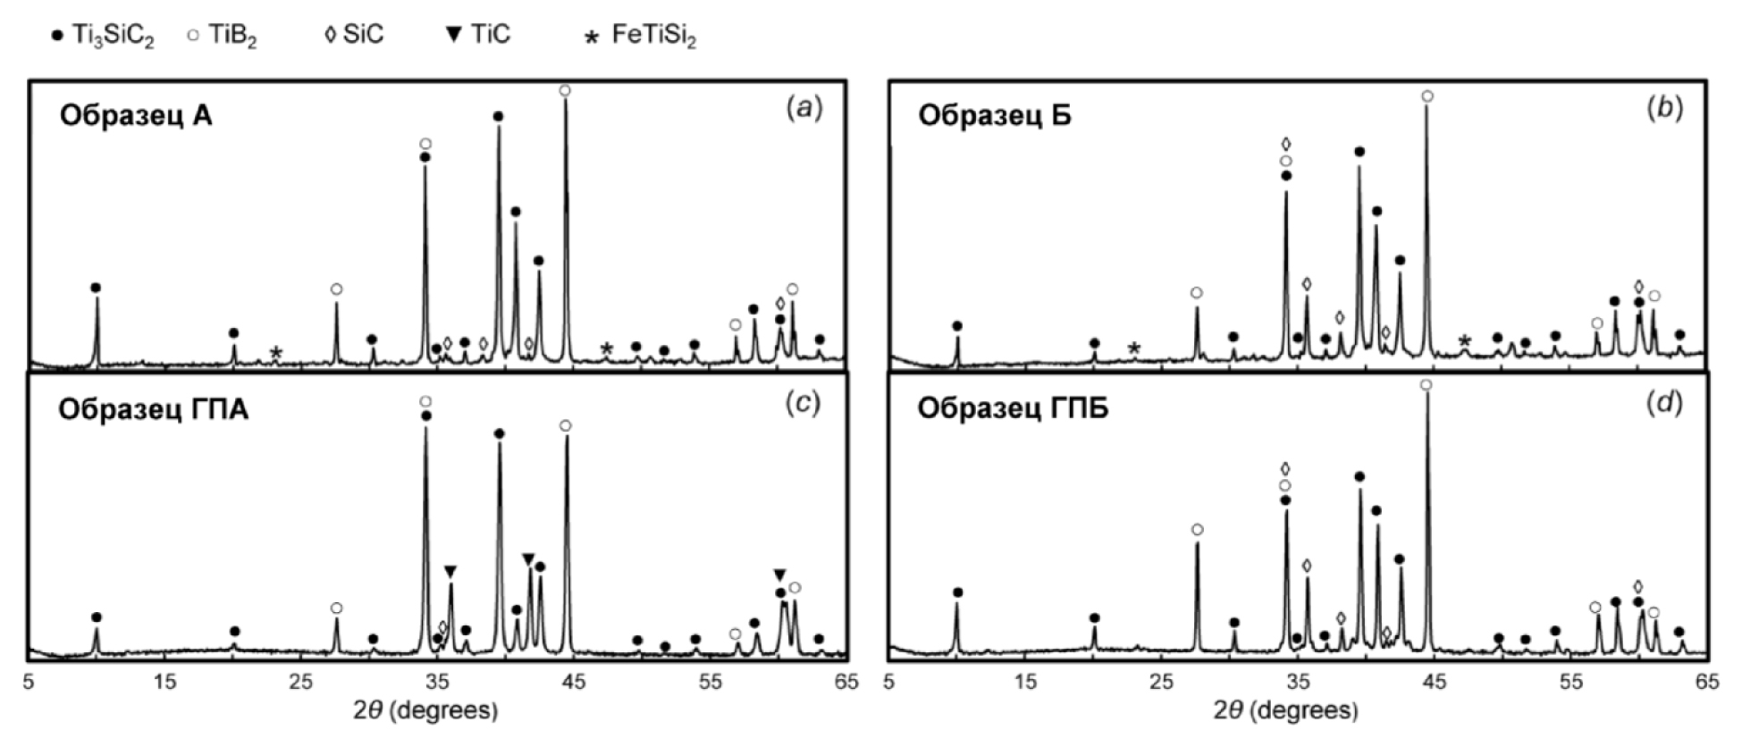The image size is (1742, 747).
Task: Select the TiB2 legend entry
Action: [x=221, y=37]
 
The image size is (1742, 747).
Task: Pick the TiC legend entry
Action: [x=478, y=36]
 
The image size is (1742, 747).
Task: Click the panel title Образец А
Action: [x=136, y=116]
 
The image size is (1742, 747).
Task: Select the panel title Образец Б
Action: [x=995, y=116]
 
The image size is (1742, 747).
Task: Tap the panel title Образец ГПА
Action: [x=153, y=409]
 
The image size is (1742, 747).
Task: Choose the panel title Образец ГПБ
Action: [x=1013, y=409]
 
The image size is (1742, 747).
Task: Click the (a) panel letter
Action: [x=803, y=109]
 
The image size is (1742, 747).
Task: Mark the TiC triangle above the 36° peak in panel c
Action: [x=450, y=571]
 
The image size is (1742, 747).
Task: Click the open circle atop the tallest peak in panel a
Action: [x=565, y=91]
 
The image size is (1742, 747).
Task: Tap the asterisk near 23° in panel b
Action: [x=1134, y=348]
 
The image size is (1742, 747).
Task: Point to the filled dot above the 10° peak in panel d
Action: [x=957, y=592]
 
